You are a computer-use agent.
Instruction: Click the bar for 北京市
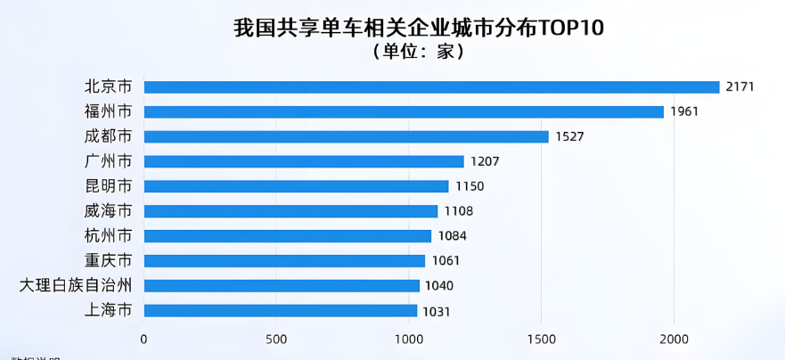click(431, 87)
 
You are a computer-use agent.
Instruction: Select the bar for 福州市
click(404, 112)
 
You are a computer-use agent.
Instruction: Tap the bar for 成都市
click(346, 136)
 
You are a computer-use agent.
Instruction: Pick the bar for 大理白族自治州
click(282, 286)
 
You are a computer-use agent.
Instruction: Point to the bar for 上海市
click(280, 311)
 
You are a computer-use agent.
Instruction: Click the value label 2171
click(740, 87)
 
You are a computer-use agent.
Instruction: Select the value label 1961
click(684, 112)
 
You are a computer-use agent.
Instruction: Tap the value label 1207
click(485, 162)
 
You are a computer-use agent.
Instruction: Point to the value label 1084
click(452, 236)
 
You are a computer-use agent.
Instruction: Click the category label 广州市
click(108, 161)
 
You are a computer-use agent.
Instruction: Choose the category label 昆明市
click(108, 186)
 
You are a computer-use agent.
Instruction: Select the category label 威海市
click(108, 211)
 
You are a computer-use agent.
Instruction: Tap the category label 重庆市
click(108, 261)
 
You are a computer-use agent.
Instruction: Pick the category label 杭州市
click(108, 236)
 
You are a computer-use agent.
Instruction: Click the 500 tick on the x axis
click(275, 339)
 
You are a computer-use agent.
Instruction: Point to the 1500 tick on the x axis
click(541, 339)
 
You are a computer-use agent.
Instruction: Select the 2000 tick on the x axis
click(674, 339)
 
